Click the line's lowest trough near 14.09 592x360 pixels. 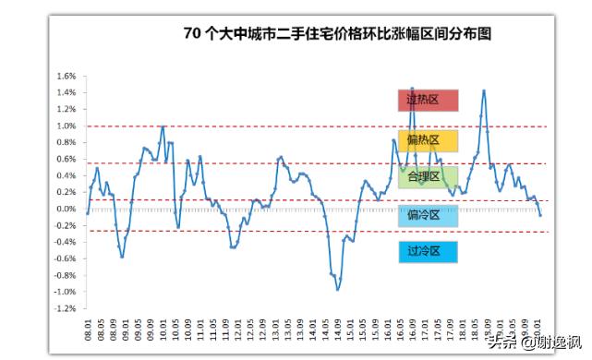pyautogui.click(x=338, y=290)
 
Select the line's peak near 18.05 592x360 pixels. pyautogui.click(x=484, y=90)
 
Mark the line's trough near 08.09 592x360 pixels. pyautogui.click(x=122, y=256)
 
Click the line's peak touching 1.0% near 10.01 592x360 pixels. pyautogui.click(x=163, y=126)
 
